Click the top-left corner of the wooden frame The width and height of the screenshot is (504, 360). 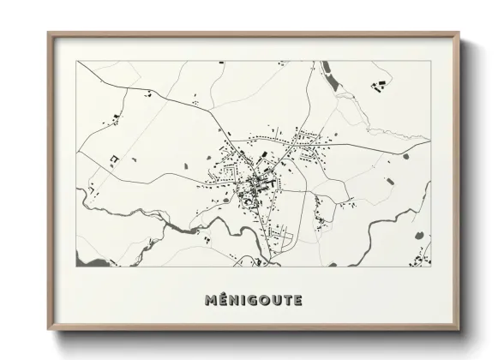49,33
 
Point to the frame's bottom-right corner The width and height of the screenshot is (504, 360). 459,330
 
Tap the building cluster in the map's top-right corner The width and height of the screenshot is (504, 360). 377,84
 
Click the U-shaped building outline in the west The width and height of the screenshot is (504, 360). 113,159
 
